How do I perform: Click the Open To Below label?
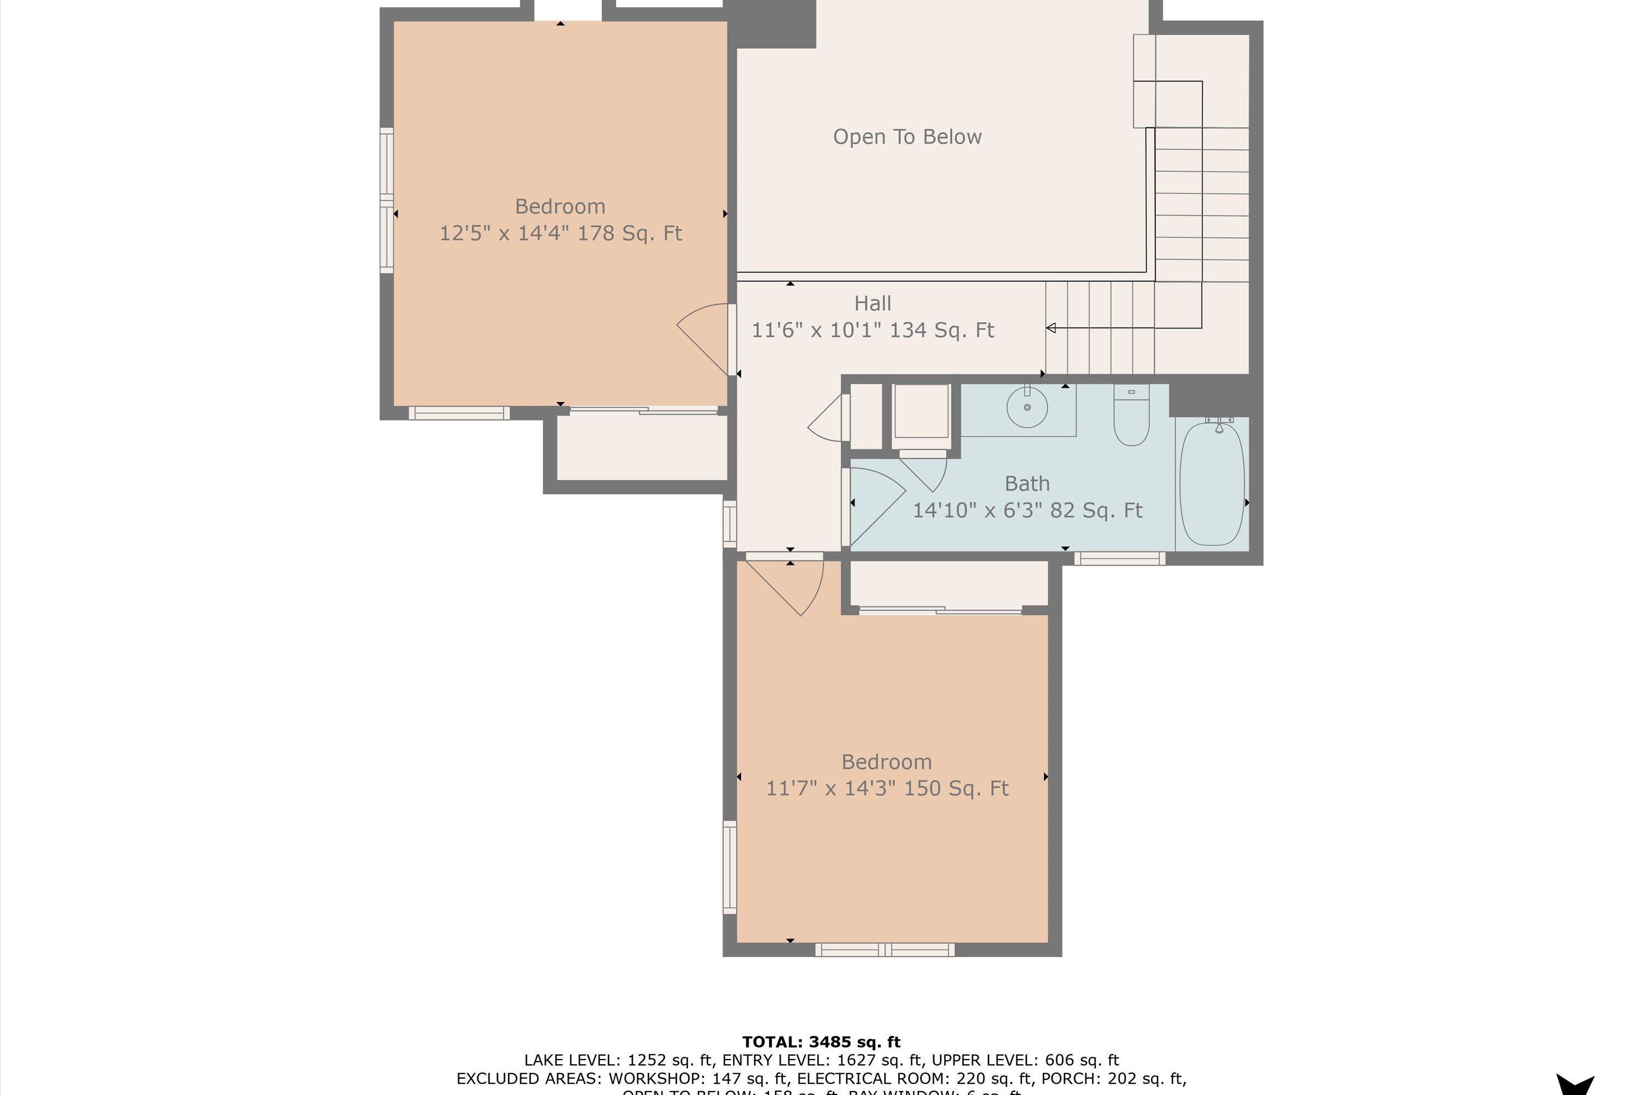tap(907, 137)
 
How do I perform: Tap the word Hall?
tap(872, 304)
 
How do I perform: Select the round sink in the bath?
tap(1027, 406)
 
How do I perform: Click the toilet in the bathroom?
tap(1131, 417)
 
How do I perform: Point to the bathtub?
tap(1211, 483)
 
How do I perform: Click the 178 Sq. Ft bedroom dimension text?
tap(560, 233)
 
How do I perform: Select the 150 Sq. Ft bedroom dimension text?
tap(887, 788)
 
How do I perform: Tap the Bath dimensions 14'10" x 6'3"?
tap(1027, 510)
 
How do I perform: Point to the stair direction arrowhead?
tap(1050, 328)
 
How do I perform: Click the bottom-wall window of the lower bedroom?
tap(884, 950)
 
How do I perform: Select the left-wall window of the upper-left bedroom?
tap(386, 200)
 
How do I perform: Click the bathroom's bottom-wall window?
tap(1119, 558)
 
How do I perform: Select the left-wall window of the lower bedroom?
tap(729, 867)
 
